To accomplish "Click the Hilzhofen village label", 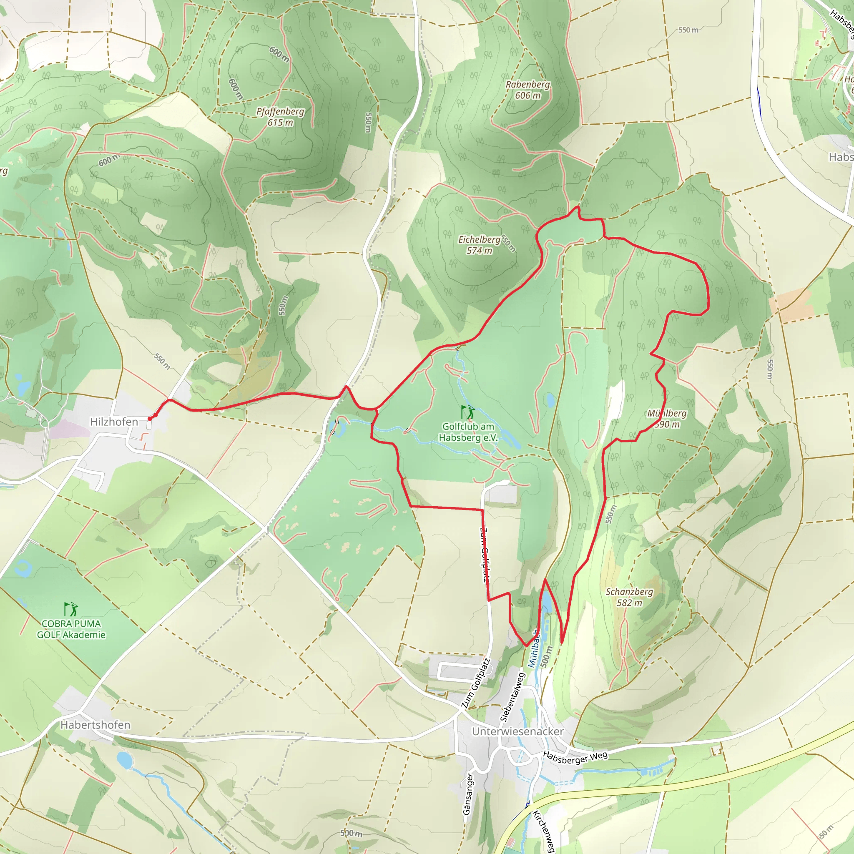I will pyautogui.click(x=114, y=422).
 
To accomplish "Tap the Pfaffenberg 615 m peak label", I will pyautogui.click(x=280, y=117).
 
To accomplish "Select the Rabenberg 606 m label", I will pyautogui.click(x=528, y=90).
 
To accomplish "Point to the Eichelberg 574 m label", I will pyautogui.click(x=479, y=245).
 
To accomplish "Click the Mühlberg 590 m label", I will pyautogui.click(x=667, y=419).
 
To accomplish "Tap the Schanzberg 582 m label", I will pyautogui.click(x=629, y=597).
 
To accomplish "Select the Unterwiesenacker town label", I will pyautogui.click(x=517, y=731).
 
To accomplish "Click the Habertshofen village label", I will pyautogui.click(x=95, y=725).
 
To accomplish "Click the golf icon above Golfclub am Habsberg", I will pyautogui.click(x=468, y=412).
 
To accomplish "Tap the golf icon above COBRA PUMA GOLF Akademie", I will pyautogui.click(x=71, y=609).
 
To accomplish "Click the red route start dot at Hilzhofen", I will pyautogui.click(x=150, y=418).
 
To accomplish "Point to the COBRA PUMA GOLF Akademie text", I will pyautogui.click(x=71, y=629).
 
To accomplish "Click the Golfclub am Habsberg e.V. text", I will pyautogui.click(x=468, y=432).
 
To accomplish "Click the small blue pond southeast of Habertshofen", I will pyautogui.click(x=125, y=761).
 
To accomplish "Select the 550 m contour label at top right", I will pyautogui.click(x=688, y=30).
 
